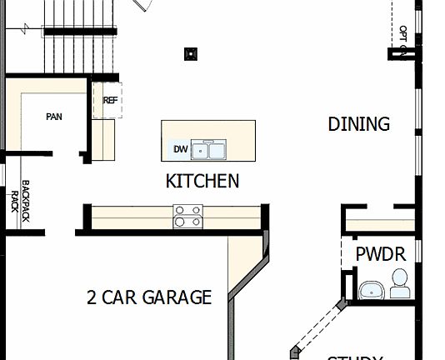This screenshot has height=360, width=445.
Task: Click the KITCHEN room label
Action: point(202,181)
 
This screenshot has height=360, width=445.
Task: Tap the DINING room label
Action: point(358,124)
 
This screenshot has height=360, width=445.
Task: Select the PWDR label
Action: point(380,253)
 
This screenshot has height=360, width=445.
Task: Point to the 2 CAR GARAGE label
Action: point(149,297)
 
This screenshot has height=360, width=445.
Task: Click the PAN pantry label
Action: point(53,117)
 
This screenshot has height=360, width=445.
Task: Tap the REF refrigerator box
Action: point(110,101)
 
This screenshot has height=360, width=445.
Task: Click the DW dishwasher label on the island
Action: point(180,150)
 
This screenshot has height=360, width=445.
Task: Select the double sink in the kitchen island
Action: point(208,150)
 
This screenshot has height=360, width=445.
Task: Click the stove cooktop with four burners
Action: point(187,216)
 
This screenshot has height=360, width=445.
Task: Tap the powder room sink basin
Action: point(370,289)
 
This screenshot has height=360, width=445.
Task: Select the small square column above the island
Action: point(191,54)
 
